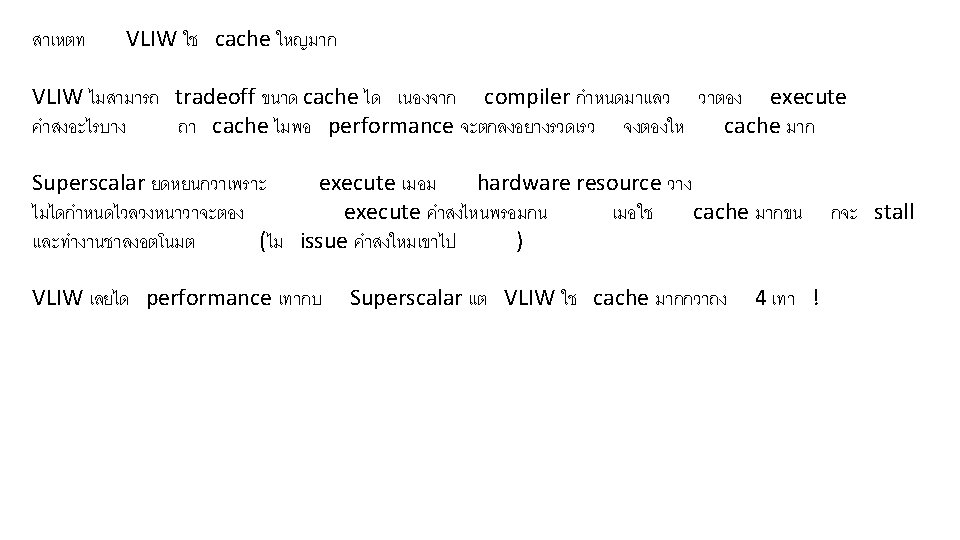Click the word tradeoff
pos(214,97)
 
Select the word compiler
pos(525,97)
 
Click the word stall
pos(893,212)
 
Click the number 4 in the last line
pos(761,298)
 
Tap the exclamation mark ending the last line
pos(817,298)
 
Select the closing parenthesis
pos(517,241)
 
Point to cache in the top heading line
pos(242,40)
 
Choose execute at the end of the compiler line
pos(807,97)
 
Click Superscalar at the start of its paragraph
pos(89,183)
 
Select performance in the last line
pos(208,298)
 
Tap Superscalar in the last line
pos(406,298)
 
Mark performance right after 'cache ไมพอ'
pos(391,126)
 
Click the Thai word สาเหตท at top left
pos(59,41)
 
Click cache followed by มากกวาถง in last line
pos(621,298)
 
